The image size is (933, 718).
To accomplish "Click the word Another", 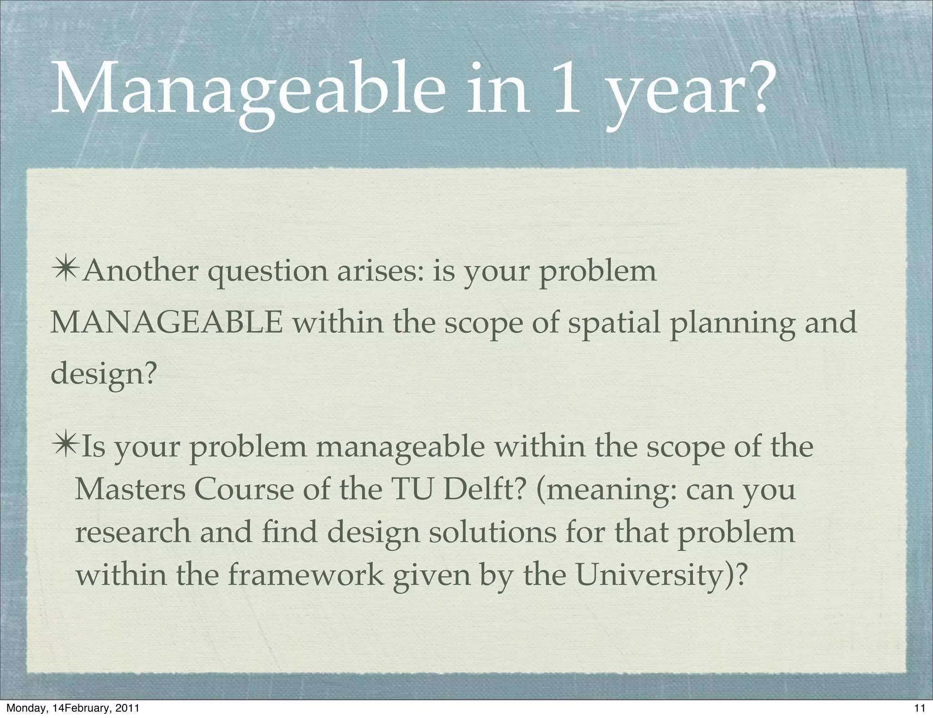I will click(x=141, y=271).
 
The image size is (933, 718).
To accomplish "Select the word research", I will click(x=133, y=533).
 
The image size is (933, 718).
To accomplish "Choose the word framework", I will click(x=305, y=575).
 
